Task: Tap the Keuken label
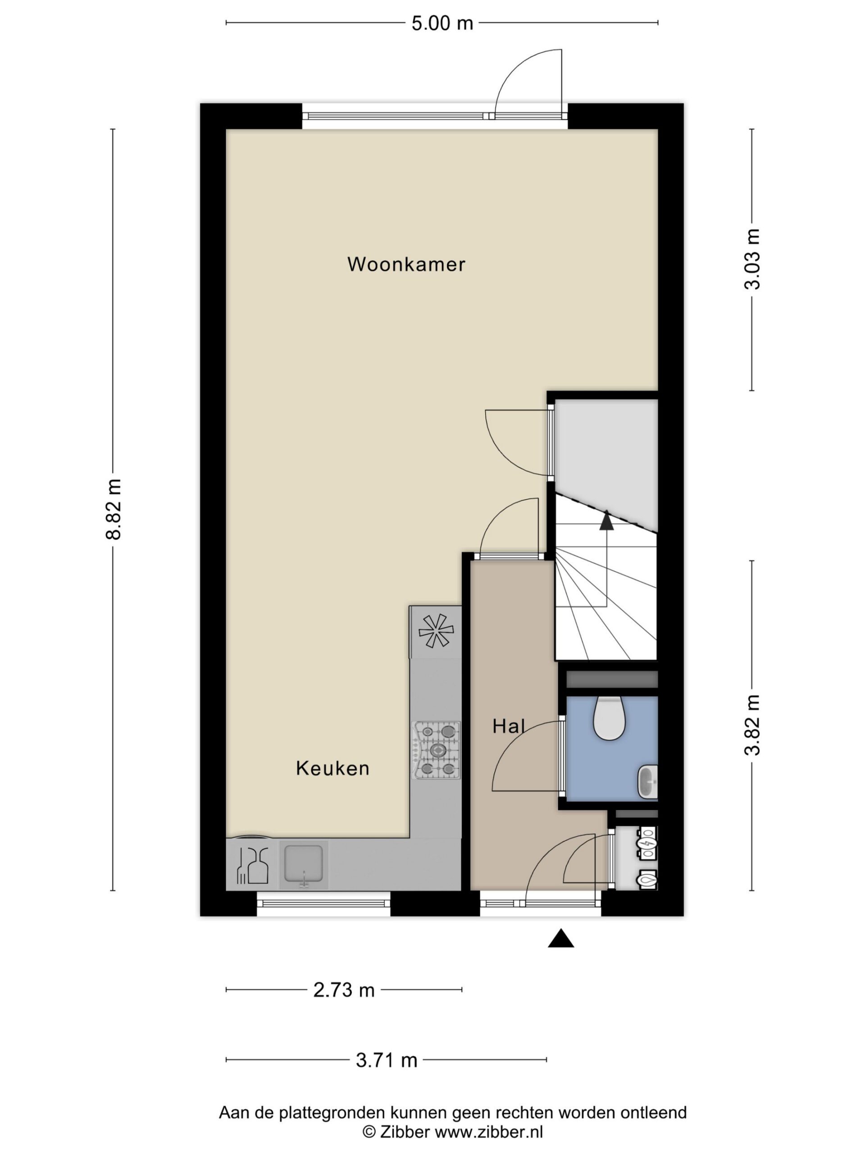pyautogui.click(x=332, y=768)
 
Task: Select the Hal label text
pyautogui.click(x=508, y=726)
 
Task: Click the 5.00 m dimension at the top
pyautogui.click(x=442, y=23)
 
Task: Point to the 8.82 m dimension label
pyautogui.click(x=114, y=509)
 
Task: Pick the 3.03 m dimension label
pyautogui.click(x=752, y=259)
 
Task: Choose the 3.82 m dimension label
pyautogui.click(x=752, y=725)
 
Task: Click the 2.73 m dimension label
pyautogui.click(x=344, y=990)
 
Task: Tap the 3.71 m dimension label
pyautogui.click(x=387, y=1060)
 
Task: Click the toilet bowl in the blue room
pyautogui.click(x=609, y=718)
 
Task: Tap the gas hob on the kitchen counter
pyautogui.click(x=437, y=750)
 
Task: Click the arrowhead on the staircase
pyautogui.click(x=606, y=521)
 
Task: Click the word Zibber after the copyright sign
pyautogui.click(x=405, y=1132)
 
